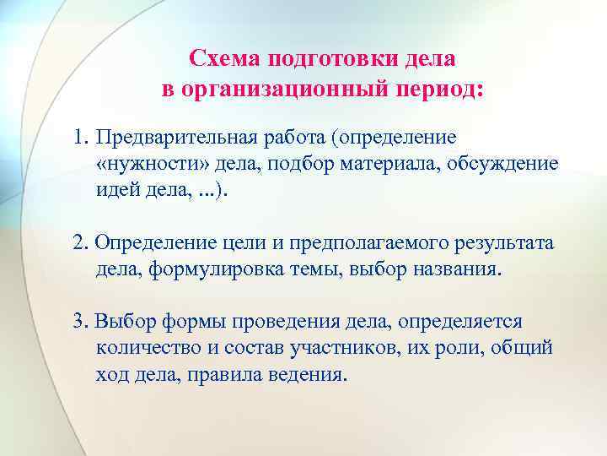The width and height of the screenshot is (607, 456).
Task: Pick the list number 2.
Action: tap(79, 243)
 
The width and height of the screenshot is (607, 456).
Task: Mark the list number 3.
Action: tap(79, 322)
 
